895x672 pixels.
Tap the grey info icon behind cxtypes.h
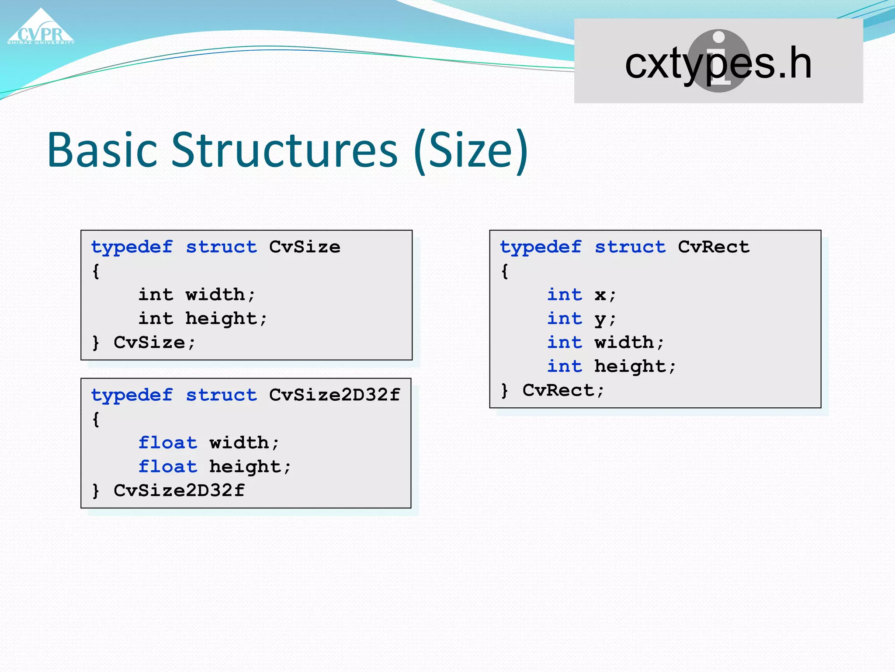pyautogui.click(x=718, y=44)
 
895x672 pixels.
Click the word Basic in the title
pyautogui.click(x=102, y=150)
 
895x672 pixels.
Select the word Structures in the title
pyautogui.click(x=284, y=150)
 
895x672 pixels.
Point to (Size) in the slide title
pyautogui.click(x=471, y=151)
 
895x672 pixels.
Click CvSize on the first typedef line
pyautogui.click(x=305, y=247)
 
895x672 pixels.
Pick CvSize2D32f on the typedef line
pyautogui.click(x=334, y=395)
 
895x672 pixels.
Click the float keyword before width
pyautogui.click(x=168, y=443)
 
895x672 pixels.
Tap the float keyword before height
pyautogui.click(x=168, y=467)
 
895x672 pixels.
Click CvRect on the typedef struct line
pyautogui.click(x=714, y=247)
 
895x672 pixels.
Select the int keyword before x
pyautogui.click(x=565, y=295)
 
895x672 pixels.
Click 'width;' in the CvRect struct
pyautogui.click(x=629, y=343)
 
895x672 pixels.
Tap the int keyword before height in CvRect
pyautogui.click(x=565, y=366)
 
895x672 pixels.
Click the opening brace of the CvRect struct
pyautogui.click(x=505, y=271)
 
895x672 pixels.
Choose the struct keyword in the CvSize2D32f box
pyautogui.click(x=221, y=395)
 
